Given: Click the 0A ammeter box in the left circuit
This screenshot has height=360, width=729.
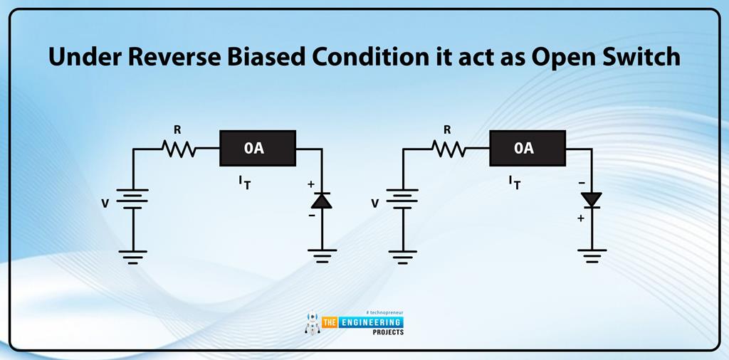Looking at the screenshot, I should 257,148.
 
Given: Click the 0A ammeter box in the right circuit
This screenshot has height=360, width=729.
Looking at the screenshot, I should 527,148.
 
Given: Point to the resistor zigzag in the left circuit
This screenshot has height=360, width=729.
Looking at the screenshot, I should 179,149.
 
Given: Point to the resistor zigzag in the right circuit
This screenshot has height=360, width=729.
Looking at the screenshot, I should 449,149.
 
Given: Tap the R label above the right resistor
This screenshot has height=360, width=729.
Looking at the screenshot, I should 447,130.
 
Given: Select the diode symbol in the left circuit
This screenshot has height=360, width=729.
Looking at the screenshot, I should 322,201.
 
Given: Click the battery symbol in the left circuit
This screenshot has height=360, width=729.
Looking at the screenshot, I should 133,200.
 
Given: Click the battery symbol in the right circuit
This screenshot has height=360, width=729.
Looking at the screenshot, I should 403,200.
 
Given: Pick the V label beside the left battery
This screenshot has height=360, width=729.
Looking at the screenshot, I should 105,203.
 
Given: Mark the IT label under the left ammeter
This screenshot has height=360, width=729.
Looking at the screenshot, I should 245,182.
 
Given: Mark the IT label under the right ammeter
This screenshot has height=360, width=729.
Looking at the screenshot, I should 515,182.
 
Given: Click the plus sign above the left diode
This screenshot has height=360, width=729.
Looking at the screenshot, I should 310,184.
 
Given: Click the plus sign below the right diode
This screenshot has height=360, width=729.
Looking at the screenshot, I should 581,218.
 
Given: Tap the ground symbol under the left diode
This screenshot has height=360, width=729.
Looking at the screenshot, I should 322,254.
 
